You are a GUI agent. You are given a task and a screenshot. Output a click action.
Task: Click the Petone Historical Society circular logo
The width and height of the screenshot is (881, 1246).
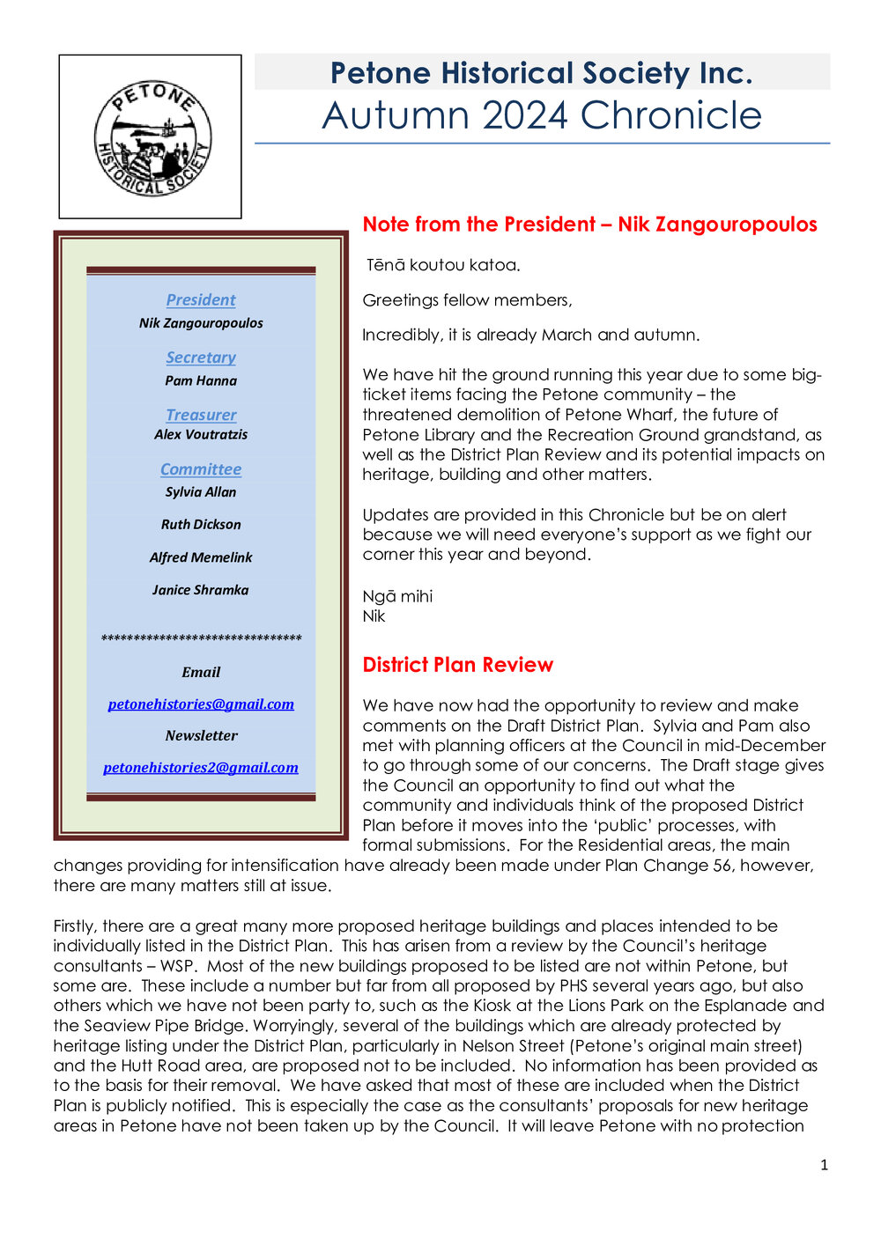[152, 138]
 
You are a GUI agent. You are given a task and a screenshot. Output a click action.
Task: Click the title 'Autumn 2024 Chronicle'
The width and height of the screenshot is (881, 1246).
[542, 115]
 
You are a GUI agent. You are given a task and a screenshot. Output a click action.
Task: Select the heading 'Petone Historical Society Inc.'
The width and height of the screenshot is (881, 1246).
[541, 72]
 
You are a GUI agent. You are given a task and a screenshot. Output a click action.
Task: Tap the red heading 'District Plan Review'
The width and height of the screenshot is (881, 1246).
[457, 665]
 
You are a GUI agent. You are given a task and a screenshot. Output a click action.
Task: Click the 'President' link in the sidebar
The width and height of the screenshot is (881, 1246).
[201, 299]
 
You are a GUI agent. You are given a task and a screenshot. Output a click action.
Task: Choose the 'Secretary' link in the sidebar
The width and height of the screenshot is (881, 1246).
[201, 357]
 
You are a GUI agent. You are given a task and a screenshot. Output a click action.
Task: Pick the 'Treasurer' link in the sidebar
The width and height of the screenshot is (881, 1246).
[201, 414]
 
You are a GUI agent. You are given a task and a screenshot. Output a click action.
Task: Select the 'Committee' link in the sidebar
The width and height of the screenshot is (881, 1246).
[201, 469]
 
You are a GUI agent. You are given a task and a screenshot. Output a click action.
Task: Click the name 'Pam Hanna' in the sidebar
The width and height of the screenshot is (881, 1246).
[201, 380]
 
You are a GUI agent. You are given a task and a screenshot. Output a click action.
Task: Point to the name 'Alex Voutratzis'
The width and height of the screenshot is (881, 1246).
[201, 434]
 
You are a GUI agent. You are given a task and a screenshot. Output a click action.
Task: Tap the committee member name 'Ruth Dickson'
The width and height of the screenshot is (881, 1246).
[201, 524]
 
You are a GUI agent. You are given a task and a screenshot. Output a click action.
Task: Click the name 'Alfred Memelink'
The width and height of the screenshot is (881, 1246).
[201, 557]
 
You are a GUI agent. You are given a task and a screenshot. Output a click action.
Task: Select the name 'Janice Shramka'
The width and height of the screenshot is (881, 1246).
[201, 590]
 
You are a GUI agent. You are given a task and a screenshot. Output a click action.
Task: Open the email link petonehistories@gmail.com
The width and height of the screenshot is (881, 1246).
[201, 704]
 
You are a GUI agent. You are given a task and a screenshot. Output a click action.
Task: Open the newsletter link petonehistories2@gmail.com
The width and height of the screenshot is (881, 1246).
[201, 767]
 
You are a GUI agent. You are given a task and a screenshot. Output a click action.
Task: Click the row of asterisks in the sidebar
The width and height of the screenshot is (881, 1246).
[201, 638]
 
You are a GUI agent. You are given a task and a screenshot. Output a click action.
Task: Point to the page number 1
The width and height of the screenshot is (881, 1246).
[824, 1165]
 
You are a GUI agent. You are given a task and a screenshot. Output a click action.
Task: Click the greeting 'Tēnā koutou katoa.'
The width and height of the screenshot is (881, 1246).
[443, 264]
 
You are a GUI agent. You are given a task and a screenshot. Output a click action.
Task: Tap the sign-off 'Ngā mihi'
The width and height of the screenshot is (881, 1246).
[397, 596]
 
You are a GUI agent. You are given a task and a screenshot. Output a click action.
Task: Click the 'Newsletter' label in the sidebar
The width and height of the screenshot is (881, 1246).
[201, 735]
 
